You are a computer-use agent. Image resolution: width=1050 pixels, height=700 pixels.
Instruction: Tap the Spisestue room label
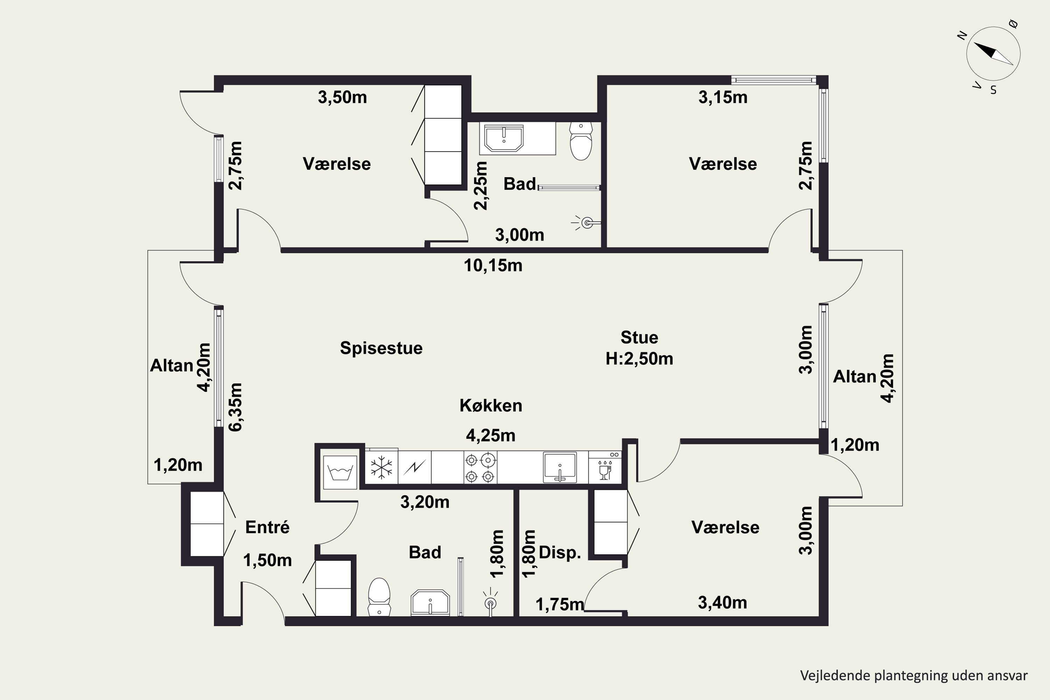(381, 348)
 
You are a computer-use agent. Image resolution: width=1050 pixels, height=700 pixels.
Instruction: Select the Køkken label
(491, 405)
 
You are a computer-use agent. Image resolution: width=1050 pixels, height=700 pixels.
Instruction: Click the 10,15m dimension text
(493, 266)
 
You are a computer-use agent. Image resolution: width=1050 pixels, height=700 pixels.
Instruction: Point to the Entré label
(267, 527)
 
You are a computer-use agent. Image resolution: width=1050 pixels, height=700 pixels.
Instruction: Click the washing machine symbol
(340, 472)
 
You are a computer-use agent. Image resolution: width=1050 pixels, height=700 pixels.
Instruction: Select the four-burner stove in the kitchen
(480, 467)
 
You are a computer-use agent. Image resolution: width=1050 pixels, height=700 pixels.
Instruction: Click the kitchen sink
(560, 467)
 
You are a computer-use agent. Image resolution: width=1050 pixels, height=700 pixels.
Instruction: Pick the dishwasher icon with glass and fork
(605, 467)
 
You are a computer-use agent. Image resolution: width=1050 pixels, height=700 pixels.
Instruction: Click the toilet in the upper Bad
(581, 141)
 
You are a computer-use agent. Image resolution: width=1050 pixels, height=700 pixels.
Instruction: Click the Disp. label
(560, 553)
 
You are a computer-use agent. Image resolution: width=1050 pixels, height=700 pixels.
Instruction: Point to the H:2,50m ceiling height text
(639, 358)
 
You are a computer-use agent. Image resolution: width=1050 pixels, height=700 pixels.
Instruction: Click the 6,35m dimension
(235, 407)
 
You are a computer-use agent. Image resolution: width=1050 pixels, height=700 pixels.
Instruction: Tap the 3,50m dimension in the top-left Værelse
(342, 97)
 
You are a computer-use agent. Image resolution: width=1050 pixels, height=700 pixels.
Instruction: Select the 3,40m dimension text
(722, 603)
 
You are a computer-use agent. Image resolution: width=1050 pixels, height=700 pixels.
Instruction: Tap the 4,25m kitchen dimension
(491, 435)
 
